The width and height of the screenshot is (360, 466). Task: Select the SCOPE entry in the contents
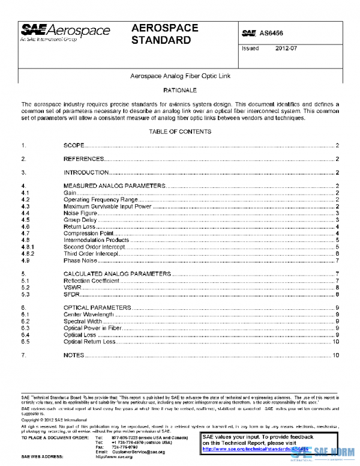click(x=74, y=145)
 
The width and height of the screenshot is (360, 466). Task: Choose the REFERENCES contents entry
click(x=84, y=159)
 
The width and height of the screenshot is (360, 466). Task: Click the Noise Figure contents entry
click(x=80, y=213)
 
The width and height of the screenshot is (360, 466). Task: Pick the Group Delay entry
click(x=80, y=220)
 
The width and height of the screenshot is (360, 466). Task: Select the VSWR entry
click(x=73, y=288)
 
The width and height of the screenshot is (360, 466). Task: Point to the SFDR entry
click(x=72, y=294)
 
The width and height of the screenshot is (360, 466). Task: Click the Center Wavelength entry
click(x=89, y=314)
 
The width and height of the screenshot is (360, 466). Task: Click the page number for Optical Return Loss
click(x=335, y=341)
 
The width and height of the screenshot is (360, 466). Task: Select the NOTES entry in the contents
click(x=73, y=355)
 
